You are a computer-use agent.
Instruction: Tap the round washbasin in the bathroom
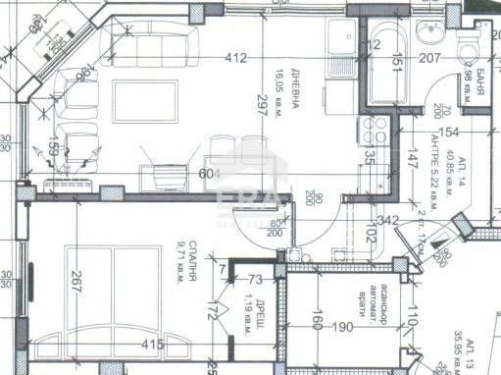click(x=429, y=35)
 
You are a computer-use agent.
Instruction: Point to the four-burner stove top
click(x=376, y=130)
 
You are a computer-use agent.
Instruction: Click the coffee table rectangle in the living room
click(x=146, y=100)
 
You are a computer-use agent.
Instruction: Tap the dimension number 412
click(x=235, y=59)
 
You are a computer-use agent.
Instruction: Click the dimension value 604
click(x=209, y=173)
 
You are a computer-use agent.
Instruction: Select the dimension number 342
click(x=387, y=221)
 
